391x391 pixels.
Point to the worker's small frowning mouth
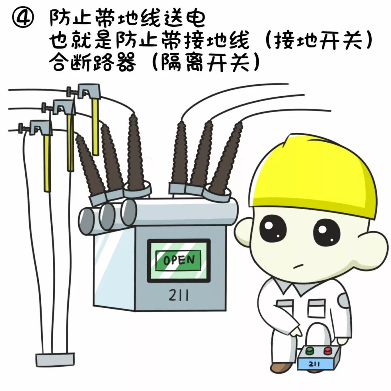(x=297, y=267)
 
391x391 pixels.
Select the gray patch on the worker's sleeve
(x=342, y=300)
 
